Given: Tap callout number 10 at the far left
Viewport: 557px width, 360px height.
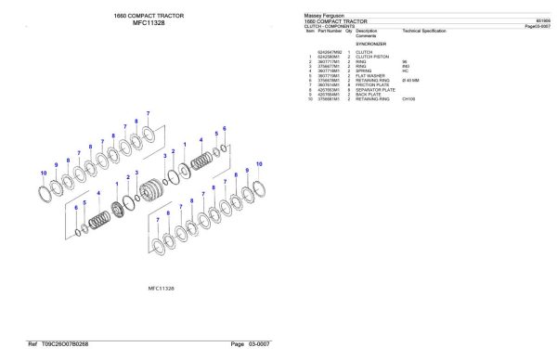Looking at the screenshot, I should coord(44,173).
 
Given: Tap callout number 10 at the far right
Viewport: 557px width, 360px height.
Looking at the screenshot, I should coord(259,163).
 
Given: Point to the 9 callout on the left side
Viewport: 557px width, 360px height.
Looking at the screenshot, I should coord(58,165).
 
